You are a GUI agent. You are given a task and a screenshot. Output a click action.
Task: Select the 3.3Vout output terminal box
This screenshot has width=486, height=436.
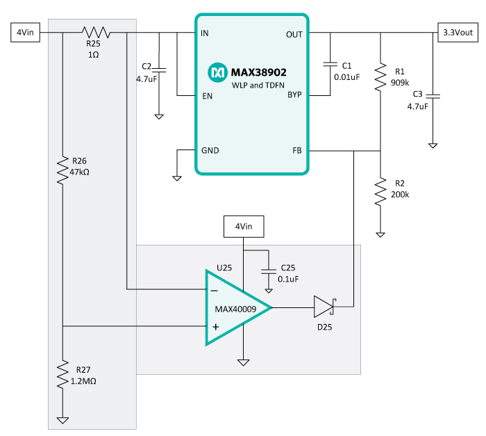tap(458, 32)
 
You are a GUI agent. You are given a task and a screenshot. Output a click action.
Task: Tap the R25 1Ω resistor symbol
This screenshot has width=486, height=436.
tap(97, 32)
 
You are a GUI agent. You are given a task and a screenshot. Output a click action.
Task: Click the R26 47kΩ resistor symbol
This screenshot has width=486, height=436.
tap(62, 170)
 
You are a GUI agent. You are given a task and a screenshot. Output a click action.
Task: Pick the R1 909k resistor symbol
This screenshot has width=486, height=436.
tap(380, 77)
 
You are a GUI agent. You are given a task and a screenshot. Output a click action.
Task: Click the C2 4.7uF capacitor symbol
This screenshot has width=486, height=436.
tap(160, 70)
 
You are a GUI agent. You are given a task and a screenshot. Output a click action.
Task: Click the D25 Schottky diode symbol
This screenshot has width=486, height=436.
tap(324, 307)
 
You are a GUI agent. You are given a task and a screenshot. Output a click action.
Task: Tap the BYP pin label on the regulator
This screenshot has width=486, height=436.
tap(294, 95)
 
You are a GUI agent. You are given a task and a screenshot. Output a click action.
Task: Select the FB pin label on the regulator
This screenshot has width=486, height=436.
tap(296, 150)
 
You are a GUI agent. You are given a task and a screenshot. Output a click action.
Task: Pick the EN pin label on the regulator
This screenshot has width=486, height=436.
tap(207, 95)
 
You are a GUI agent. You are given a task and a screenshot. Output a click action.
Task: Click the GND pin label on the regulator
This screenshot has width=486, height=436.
tap(210, 150)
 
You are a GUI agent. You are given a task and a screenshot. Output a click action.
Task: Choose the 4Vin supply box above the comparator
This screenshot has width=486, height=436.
tap(243, 226)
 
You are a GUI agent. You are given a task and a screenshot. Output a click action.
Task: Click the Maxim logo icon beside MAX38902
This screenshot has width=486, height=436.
tap(217, 71)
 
